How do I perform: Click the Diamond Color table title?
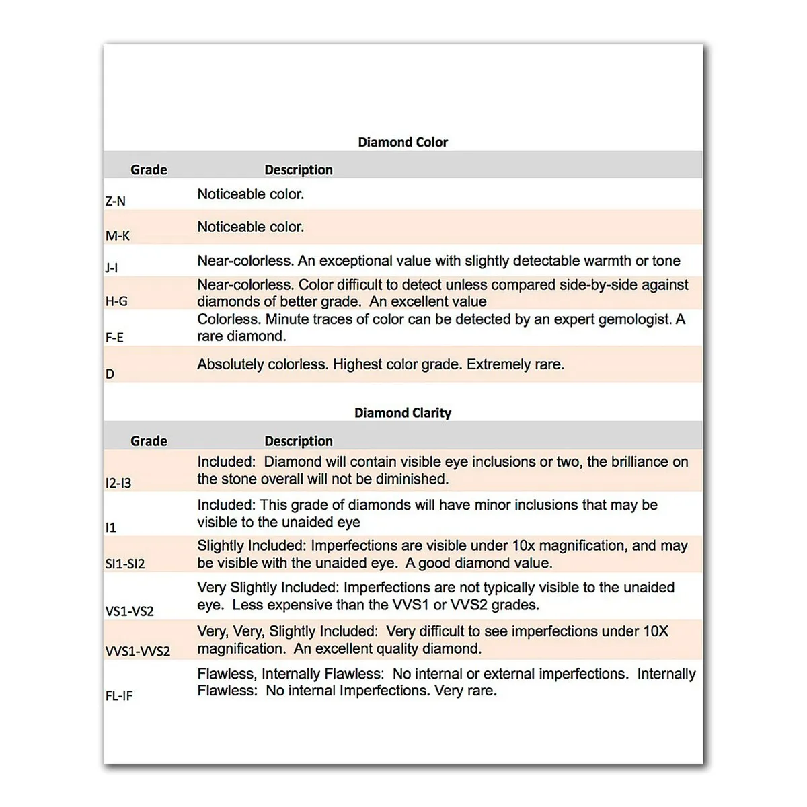coord(402,142)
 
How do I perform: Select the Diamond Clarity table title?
coord(402,413)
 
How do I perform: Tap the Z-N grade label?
coord(115,201)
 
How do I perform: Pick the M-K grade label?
coord(118,236)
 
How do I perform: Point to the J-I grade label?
coord(112,268)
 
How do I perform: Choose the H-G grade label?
coord(116,301)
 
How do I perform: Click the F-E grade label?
coord(114,338)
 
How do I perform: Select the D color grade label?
coord(110,374)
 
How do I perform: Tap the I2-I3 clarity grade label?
coord(118,483)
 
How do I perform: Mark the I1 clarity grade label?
coord(111,528)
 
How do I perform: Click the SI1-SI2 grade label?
coord(125,564)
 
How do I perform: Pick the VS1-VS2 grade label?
coord(129,611)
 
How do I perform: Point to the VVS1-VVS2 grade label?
coord(138,651)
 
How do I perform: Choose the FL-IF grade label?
coord(119,696)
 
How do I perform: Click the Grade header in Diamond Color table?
coord(149,170)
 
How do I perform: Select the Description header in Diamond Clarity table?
coord(299,441)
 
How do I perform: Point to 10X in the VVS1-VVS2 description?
coord(656,631)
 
